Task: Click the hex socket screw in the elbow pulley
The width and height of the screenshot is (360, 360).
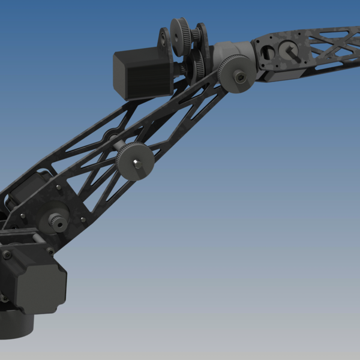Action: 240,77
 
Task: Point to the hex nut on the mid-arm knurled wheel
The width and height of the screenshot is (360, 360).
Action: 137,164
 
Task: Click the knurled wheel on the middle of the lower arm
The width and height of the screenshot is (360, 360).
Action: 135,161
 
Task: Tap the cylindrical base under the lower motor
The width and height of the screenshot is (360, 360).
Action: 15,324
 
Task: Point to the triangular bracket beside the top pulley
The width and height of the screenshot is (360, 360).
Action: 163,42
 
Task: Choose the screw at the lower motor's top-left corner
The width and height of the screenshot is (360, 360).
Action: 7,255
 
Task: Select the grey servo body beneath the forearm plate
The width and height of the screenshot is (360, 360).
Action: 282,75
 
